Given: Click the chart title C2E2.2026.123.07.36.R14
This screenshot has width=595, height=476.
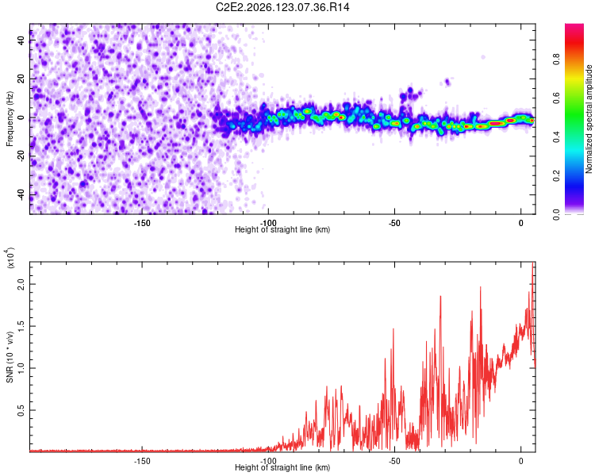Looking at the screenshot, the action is pyautogui.click(x=282, y=7).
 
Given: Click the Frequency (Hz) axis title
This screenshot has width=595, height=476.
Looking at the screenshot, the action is pyautogui.click(x=10, y=119).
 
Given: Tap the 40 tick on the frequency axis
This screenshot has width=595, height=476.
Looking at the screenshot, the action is pyautogui.click(x=21, y=40).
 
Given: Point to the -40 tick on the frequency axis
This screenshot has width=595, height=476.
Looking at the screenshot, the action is pyautogui.click(x=21, y=195).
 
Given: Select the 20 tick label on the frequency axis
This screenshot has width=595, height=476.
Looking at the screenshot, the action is pyautogui.click(x=21, y=79).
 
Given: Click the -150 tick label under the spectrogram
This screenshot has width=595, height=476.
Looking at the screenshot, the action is pyautogui.click(x=142, y=223).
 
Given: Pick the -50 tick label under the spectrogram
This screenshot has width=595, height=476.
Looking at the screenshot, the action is pyautogui.click(x=394, y=223).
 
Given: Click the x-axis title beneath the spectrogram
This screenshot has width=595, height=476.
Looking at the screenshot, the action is pyautogui.click(x=282, y=229).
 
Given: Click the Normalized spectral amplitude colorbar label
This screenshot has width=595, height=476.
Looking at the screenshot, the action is pyautogui.click(x=589, y=119).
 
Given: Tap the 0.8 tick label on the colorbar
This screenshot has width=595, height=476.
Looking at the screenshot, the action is pyautogui.click(x=556, y=59).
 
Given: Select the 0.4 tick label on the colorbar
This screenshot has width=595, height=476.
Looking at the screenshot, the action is pyautogui.click(x=556, y=137).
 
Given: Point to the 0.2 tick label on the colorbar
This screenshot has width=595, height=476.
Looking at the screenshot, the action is pyautogui.click(x=556, y=176).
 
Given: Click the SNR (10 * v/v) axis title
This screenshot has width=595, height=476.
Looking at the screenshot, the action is pyautogui.click(x=10, y=357).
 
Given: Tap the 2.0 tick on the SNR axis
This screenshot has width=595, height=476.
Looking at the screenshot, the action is pyautogui.click(x=21, y=284).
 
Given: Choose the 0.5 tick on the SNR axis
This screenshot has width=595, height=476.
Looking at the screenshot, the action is pyautogui.click(x=21, y=410).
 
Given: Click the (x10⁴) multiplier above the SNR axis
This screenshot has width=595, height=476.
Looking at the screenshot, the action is pyautogui.click(x=10, y=259).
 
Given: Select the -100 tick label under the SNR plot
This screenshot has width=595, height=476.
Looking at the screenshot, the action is pyautogui.click(x=268, y=461).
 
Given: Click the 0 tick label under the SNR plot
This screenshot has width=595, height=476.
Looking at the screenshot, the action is pyautogui.click(x=521, y=461).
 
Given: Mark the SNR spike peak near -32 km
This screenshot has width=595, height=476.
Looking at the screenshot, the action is pyautogui.click(x=440, y=296).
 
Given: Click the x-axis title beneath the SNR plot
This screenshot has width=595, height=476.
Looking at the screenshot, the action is pyautogui.click(x=282, y=467).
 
